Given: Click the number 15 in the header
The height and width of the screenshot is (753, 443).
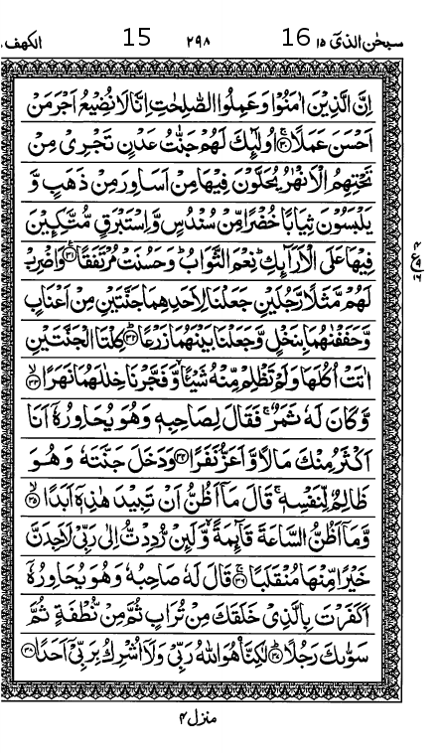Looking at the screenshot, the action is coord(137,39).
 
